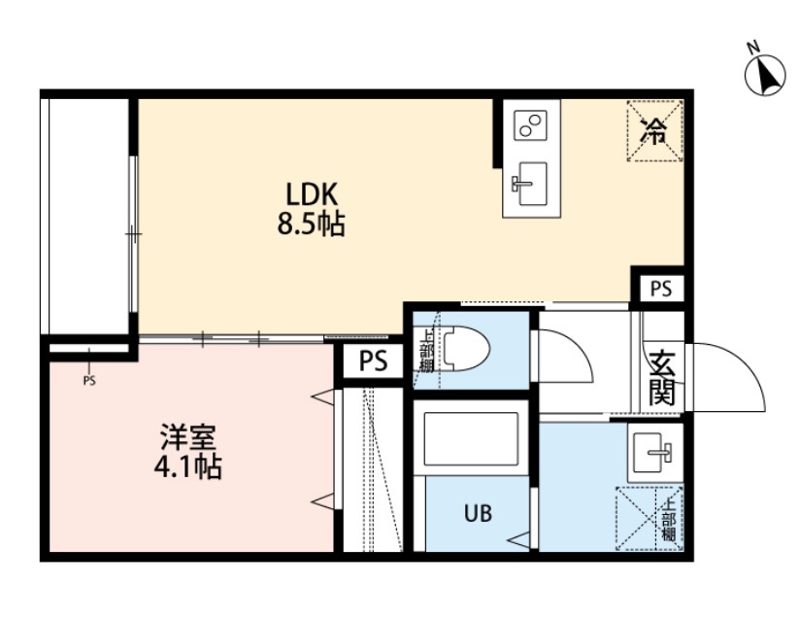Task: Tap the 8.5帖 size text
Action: coord(310,226)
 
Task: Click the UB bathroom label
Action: coord(476,512)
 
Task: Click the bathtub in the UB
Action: coord(470,443)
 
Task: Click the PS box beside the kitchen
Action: coord(660,289)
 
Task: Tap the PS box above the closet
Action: coord(373,362)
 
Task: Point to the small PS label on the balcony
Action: coord(89,380)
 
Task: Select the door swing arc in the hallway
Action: coord(565,359)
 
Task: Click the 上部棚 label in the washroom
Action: coord(669,520)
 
